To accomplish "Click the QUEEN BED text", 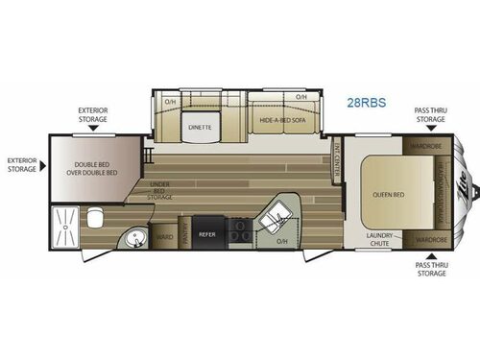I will point(384,195).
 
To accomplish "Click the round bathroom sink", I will point(133,238).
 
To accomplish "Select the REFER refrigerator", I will point(206,233).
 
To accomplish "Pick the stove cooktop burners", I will point(238,231).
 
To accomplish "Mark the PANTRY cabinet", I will point(184,234).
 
